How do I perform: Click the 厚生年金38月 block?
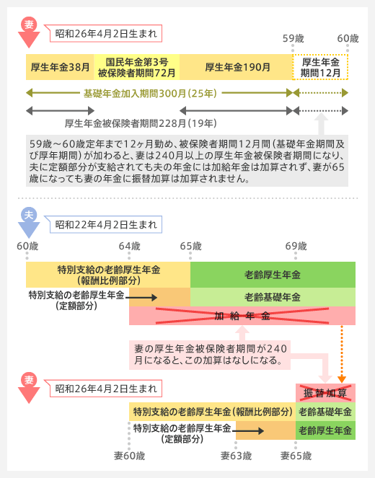(x=60, y=67)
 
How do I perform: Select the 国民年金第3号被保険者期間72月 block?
(x=137, y=67)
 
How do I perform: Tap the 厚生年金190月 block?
(x=236, y=67)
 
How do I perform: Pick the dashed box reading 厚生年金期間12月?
(x=320, y=67)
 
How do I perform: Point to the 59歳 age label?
(x=293, y=38)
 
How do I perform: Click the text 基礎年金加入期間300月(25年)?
(x=150, y=93)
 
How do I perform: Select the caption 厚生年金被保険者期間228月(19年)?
(x=141, y=123)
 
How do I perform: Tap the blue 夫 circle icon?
(x=29, y=215)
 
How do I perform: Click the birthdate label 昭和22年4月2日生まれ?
(x=106, y=225)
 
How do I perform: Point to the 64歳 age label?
(x=130, y=246)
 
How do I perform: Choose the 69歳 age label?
(x=296, y=246)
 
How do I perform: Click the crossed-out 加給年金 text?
(x=242, y=316)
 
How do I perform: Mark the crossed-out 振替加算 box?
(x=326, y=393)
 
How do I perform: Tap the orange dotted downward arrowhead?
(x=342, y=379)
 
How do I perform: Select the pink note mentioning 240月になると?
(x=210, y=355)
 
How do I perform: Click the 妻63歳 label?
(x=237, y=456)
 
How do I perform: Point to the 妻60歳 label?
(x=130, y=456)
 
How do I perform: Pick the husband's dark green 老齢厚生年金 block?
(x=273, y=275)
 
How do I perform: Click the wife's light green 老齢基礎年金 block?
(x=326, y=412)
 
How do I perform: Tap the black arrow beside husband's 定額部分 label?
(x=141, y=298)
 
